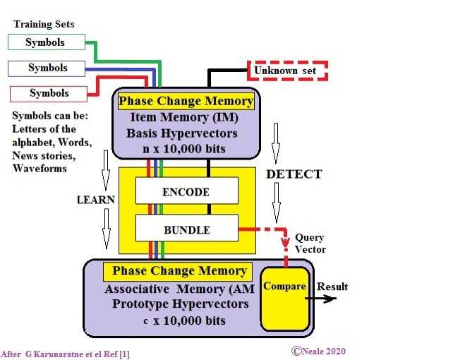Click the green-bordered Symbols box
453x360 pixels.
tap(46, 42)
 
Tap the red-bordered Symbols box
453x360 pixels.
tap(49, 93)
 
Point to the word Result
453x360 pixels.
tap(332, 287)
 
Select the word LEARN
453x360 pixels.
tap(95, 200)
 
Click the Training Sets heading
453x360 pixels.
tap(44, 25)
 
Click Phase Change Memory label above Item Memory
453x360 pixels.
tap(186, 101)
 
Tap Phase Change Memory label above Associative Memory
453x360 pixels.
tap(179, 271)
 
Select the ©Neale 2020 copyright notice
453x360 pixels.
tap(318, 351)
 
